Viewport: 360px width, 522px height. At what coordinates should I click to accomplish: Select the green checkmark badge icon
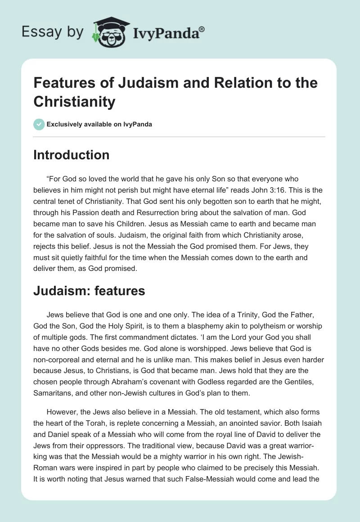[39, 124]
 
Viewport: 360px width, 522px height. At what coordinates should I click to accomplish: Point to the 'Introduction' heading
[72, 155]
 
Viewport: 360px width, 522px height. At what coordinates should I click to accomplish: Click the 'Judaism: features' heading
[89, 291]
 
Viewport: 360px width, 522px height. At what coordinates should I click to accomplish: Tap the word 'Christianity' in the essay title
[75, 101]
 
